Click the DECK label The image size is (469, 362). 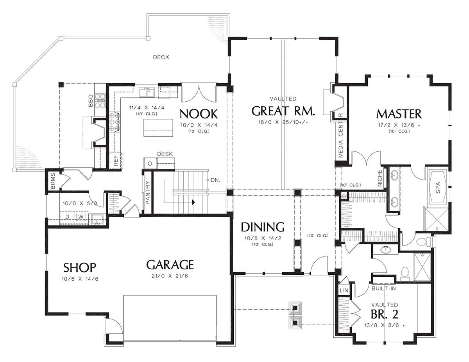[x=161, y=57]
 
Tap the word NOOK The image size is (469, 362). [x=199, y=114]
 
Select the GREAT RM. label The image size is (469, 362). [x=283, y=111]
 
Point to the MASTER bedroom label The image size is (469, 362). [x=399, y=114]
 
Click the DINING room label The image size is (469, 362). [x=263, y=227]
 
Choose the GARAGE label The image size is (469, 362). [x=170, y=265]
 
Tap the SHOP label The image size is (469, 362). [x=80, y=267]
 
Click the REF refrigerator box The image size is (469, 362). [x=116, y=161]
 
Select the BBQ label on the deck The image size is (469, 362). [x=91, y=100]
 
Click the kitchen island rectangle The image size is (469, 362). [x=158, y=127]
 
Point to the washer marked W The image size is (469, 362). [x=81, y=216]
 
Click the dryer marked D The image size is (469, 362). [x=67, y=217]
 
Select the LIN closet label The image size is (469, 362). [x=344, y=290]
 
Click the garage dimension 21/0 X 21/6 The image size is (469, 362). [x=170, y=276]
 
